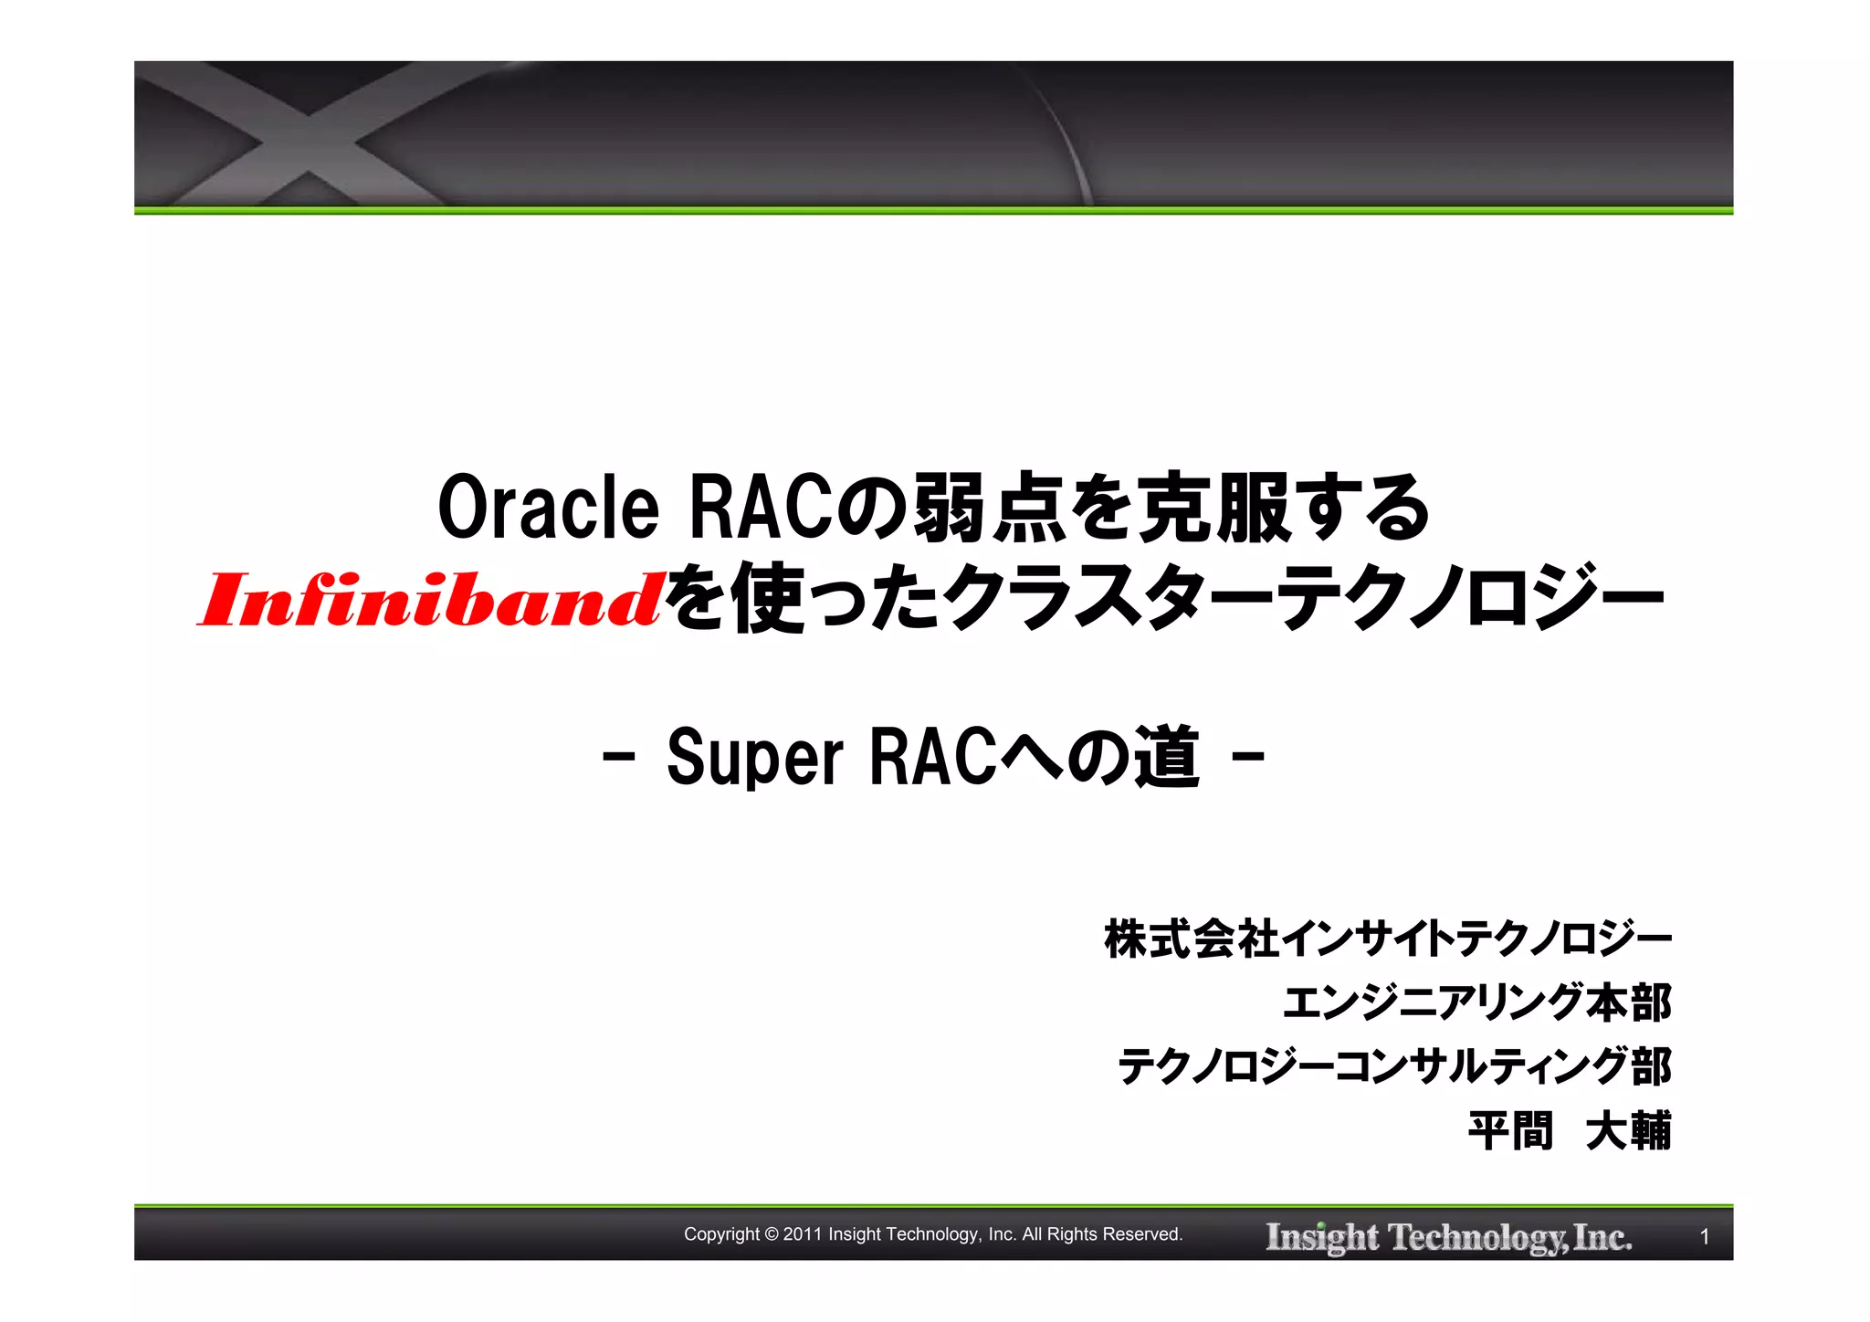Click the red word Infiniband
click(429, 601)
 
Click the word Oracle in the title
click(548, 509)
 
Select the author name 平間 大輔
click(1569, 1131)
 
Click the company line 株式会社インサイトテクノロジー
click(1387, 939)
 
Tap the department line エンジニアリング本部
click(1476, 1002)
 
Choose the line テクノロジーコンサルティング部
click(1393, 1066)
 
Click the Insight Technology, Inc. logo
click(1448, 1237)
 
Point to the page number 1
click(1704, 1237)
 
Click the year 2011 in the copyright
click(803, 1234)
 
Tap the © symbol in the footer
click(772, 1234)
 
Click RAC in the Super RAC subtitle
click(931, 758)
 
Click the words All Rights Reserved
click(1102, 1234)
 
